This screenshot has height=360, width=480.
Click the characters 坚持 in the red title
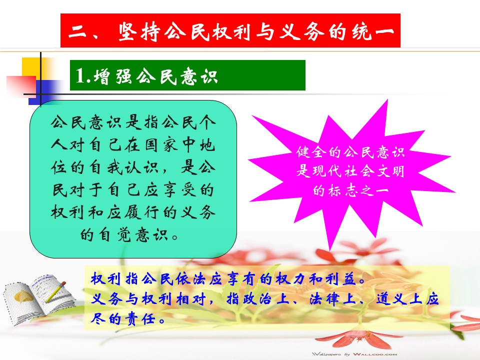pos(139,31)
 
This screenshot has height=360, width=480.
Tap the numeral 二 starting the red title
pos(77,31)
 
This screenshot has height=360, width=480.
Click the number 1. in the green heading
pos(82,75)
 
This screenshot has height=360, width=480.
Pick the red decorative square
pos(21,85)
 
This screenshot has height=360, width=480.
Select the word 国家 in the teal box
pos(161,144)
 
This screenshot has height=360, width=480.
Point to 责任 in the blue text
pos(140,318)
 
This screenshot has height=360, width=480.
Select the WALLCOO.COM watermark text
pos(374,354)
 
